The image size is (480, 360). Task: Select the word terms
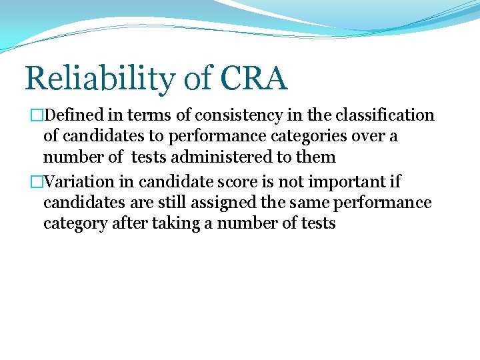tap(153, 115)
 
